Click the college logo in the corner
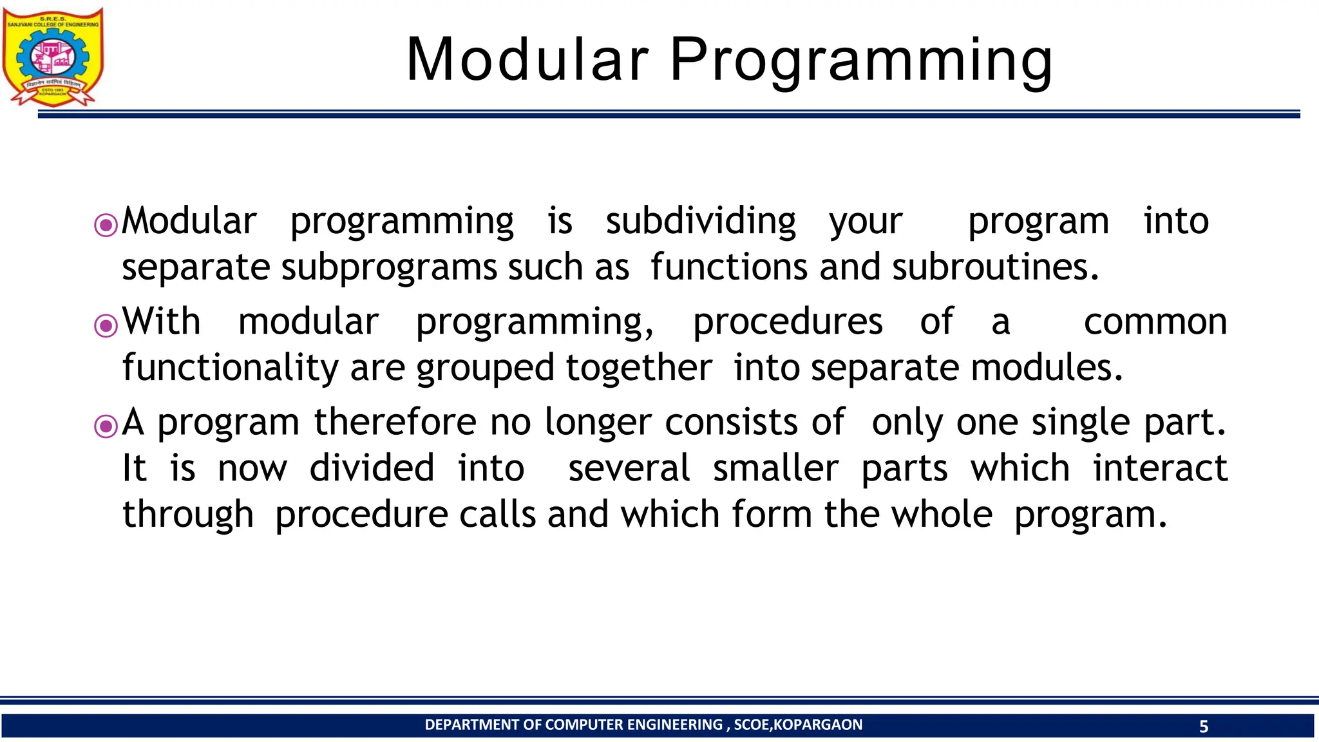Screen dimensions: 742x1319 53,57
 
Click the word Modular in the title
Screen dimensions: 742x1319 527,59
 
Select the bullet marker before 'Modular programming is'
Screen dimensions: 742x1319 106,225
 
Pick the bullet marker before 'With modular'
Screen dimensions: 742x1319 106,325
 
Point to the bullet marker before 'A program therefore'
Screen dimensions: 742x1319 106,426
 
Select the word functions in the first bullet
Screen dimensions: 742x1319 728,268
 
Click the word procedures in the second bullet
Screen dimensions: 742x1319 787,323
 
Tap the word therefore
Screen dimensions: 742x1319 395,423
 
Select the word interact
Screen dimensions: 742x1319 1160,469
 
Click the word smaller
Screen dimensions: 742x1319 775,469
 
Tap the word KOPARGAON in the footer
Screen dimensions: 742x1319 817,725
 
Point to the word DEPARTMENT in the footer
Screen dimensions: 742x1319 472,725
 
